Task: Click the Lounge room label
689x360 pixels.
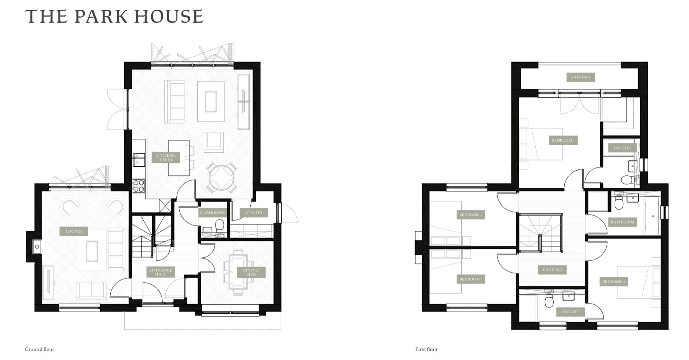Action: coord(74,231)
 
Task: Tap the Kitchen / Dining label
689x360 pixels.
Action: coord(166,158)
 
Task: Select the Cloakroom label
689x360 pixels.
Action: coord(213,213)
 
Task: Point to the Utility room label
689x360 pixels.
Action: coord(254,213)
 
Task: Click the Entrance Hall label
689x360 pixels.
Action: coord(161,272)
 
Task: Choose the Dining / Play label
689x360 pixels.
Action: coord(251,272)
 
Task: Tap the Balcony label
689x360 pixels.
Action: coord(581,77)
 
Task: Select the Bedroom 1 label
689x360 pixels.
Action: coord(563,140)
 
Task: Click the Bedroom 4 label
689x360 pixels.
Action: coord(471,215)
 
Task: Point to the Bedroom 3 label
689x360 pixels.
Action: coord(471,279)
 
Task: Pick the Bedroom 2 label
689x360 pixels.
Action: coord(614,282)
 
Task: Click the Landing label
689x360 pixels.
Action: coord(552,270)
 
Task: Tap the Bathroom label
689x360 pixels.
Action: coord(623,222)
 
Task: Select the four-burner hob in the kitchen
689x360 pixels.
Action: coord(139,186)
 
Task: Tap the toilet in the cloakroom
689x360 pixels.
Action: coord(219,226)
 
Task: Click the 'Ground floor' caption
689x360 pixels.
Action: coord(40,349)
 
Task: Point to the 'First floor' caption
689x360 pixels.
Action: coord(426,349)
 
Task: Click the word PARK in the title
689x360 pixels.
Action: coord(101,17)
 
